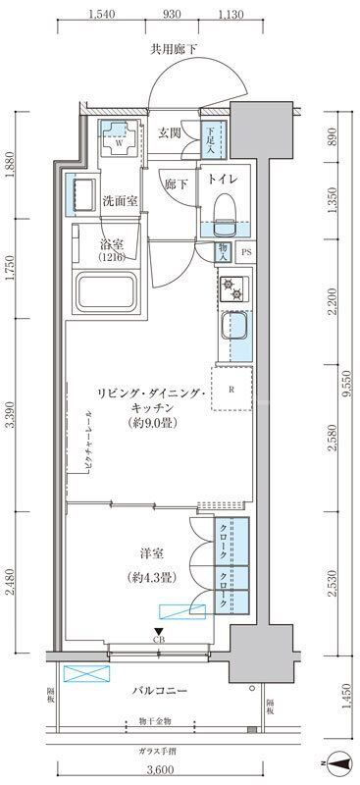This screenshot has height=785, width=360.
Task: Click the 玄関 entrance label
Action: pos(169,133)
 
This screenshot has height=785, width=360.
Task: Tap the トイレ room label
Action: pos(220,180)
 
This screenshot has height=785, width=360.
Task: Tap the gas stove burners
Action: pos(233,289)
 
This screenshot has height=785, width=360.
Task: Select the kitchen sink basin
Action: pos(234,325)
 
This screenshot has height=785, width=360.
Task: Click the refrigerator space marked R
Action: pos(231,389)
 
